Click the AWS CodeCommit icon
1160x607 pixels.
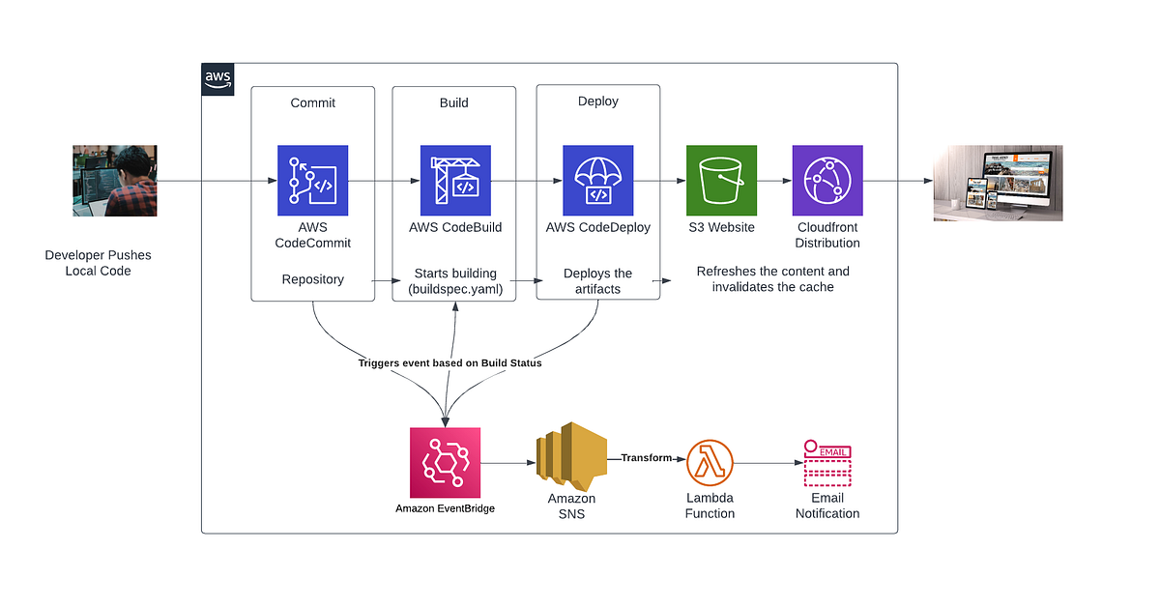tap(312, 181)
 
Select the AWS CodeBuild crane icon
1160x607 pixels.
tap(455, 181)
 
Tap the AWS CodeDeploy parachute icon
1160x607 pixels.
tap(598, 181)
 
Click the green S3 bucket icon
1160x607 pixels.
tap(722, 181)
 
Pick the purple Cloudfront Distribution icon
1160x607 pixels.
tap(827, 181)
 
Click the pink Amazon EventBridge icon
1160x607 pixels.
tap(446, 463)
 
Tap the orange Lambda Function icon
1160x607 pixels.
tap(710, 463)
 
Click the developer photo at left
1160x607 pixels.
tap(115, 181)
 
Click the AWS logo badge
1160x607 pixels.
tap(217, 79)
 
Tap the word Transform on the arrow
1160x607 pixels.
tap(646, 457)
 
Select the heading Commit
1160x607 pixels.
tap(312, 102)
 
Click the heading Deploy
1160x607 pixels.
tap(598, 101)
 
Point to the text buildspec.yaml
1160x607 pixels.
tap(455, 289)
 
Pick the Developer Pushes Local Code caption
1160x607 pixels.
tap(98, 263)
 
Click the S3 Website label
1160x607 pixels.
tap(722, 227)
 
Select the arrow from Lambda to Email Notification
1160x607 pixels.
tap(768, 464)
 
